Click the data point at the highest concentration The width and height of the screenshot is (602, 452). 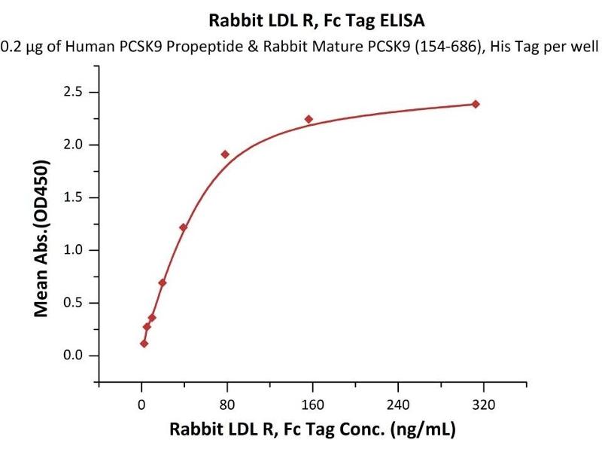(x=476, y=104)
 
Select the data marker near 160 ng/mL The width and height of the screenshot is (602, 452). (x=309, y=119)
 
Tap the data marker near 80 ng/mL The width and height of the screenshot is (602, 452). (x=225, y=154)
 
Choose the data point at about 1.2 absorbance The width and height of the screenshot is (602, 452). (x=183, y=228)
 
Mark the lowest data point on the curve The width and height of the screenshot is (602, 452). (x=144, y=344)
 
